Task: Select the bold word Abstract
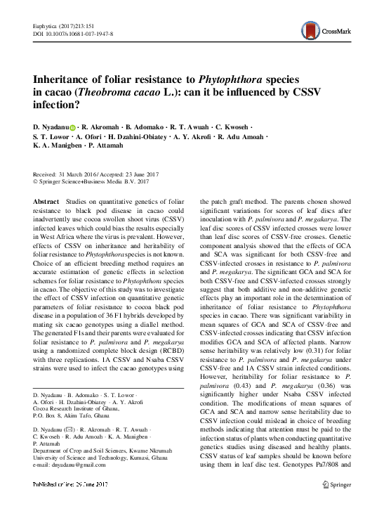tap(46, 201)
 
